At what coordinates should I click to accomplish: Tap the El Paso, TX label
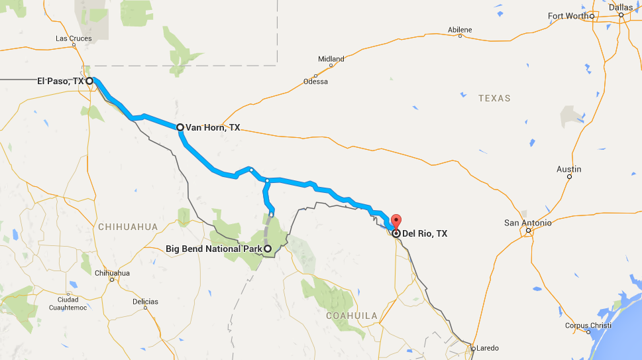[60, 81]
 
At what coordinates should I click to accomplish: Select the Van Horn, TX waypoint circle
[180, 127]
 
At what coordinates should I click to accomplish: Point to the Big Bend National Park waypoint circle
[268, 249]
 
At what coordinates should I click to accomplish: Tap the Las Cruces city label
[74, 38]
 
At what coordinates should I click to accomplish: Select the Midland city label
[331, 59]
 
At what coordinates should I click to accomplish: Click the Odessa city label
[315, 82]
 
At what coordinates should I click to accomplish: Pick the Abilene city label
[460, 30]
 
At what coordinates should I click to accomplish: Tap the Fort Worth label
[568, 16]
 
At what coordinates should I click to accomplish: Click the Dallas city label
[621, 7]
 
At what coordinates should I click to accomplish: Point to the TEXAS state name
[495, 98]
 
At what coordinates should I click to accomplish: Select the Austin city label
[568, 169]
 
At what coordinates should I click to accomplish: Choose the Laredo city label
[488, 348]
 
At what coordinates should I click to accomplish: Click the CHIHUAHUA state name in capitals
[128, 227]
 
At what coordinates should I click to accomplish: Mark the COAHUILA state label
[352, 316]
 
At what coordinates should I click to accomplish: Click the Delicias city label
[145, 302]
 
